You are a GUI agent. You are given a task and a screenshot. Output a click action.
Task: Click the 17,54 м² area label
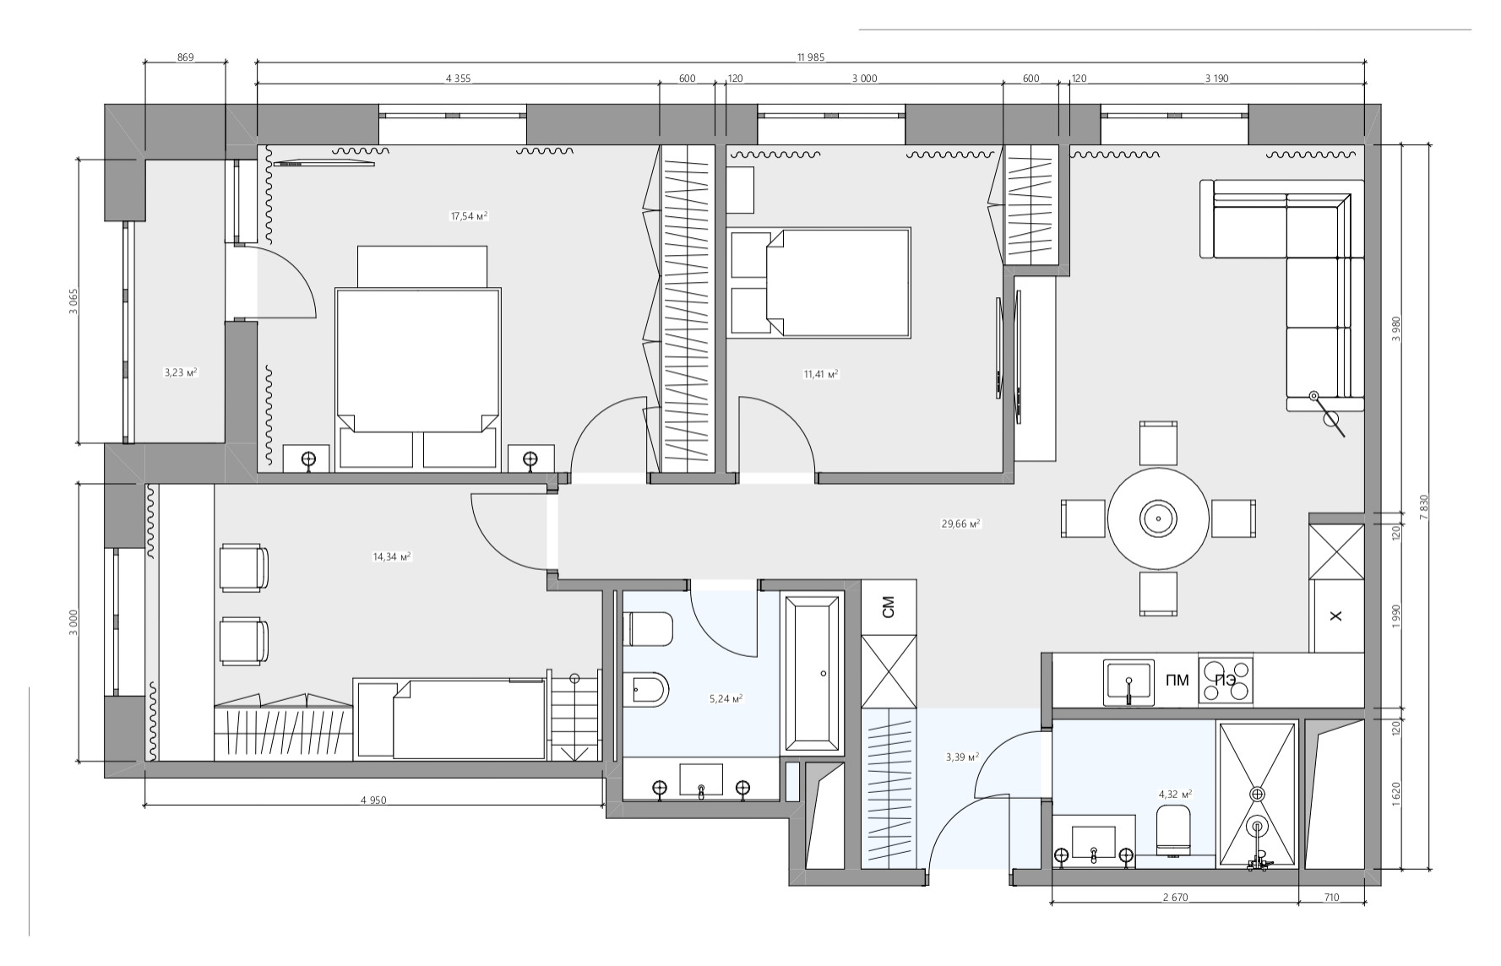pyautogui.click(x=469, y=216)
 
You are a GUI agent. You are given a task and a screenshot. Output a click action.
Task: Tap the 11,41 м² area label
pyautogui.click(x=820, y=373)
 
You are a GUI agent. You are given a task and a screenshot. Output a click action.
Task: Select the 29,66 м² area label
pyautogui.click(x=960, y=524)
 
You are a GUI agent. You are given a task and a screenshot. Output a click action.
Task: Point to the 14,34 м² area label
pyautogui.click(x=391, y=556)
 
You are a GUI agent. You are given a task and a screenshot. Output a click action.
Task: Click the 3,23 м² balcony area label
pyautogui.click(x=181, y=372)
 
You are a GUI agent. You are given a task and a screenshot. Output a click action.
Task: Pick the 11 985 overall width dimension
pyautogui.click(x=810, y=57)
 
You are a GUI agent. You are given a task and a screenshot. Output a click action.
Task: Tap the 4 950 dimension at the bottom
pyautogui.click(x=373, y=800)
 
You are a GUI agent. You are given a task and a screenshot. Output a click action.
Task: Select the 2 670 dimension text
pyautogui.click(x=1175, y=898)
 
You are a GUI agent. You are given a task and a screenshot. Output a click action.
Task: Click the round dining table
pyautogui.click(x=1158, y=518)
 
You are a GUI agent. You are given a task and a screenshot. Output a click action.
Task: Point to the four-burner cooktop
pyautogui.click(x=1226, y=681)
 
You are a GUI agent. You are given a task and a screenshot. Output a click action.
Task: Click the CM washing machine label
pyautogui.click(x=889, y=607)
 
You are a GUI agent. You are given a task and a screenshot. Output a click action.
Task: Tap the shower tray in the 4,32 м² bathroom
pyautogui.click(x=1257, y=794)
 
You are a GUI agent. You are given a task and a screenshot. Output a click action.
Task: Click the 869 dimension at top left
pyautogui.click(x=185, y=57)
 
